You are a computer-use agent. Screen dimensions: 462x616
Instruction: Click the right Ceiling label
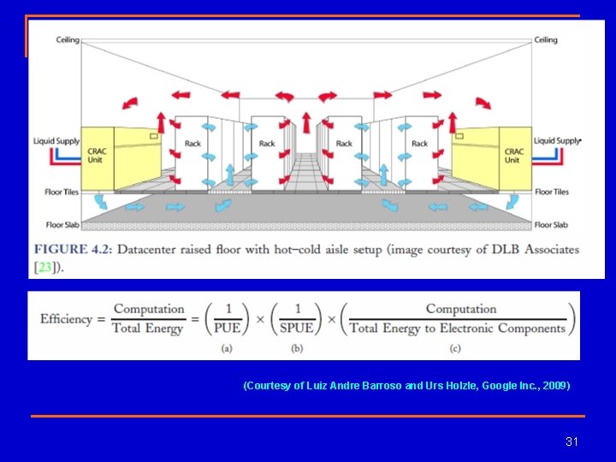tap(546, 39)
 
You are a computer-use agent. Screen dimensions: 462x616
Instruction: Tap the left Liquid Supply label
tap(56, 141)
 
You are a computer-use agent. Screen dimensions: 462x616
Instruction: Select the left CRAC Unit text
tap(97, 156)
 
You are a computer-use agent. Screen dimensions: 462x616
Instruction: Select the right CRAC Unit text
tap(512, 156)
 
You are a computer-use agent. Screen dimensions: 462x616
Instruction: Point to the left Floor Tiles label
tap(62, 192)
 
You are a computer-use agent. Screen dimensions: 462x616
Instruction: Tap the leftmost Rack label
tap(192, 144)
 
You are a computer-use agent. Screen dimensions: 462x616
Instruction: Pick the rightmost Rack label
tap(419, 144)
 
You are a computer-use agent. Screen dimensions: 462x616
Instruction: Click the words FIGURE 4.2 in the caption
tap(73, 250)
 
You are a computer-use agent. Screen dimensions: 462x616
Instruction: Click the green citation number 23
tap(44, 267)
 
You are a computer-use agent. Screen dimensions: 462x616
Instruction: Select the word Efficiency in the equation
tap(66, 319)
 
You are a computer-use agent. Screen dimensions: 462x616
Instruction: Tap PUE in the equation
tap(227, 328)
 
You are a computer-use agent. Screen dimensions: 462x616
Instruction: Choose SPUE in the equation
tap(298, 328)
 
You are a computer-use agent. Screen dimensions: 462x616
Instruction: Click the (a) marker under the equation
tap(227, 347)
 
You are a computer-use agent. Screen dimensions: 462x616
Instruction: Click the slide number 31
tap(572, 441)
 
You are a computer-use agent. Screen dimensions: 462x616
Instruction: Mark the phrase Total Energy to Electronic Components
tap(458, 328)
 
